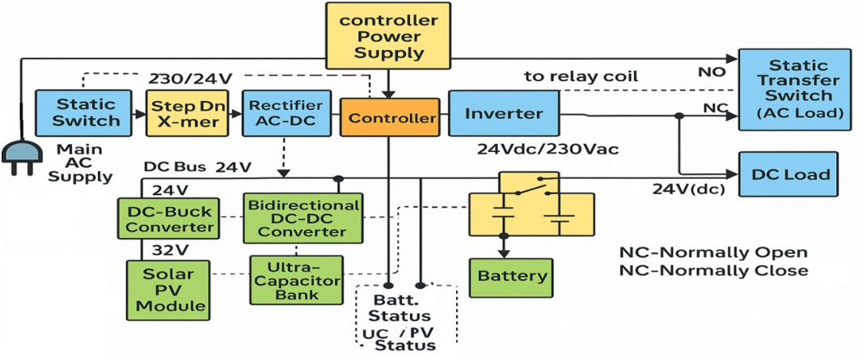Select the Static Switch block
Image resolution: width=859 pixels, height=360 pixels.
[x=86, y=112]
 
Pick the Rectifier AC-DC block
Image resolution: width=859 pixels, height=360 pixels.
[x=287, y=112]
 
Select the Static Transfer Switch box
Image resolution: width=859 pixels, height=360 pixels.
[x=798, y=89]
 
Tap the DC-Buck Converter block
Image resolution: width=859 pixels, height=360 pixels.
[x=171, y=219]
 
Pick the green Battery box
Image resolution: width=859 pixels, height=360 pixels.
[x=512, y=277]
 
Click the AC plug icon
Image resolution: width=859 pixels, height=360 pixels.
[x=20, y=156]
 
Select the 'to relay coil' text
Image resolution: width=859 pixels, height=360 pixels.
[x=581, y=76]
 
